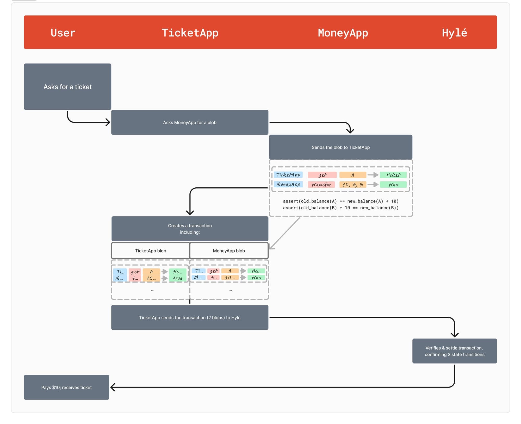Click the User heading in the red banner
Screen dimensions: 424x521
(63, 33)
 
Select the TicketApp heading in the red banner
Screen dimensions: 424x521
(190, 33)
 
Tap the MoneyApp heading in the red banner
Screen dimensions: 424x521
(343, 33)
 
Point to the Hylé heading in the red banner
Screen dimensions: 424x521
(454, 33)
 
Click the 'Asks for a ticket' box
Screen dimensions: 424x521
(67, 87)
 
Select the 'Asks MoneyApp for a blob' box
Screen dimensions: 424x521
(190, 122)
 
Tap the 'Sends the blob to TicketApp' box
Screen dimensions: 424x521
(340, 147)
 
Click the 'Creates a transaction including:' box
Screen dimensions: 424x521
(190, 229)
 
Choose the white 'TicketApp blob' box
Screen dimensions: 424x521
(151, 250)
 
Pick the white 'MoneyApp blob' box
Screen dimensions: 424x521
(229, 250)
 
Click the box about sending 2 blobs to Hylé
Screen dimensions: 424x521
(190, 317)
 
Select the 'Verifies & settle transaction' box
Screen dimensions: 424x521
(454, 351)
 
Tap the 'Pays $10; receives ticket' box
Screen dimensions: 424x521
(66, 387)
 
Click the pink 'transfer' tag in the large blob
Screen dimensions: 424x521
(321, 185)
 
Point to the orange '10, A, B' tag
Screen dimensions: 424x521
(352, 185)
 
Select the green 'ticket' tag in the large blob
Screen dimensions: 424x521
(393, 175)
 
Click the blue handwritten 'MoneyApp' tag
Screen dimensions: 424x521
(288, 185)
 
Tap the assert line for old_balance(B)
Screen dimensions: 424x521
(340, 208)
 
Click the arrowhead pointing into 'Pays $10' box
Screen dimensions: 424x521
(113, 387)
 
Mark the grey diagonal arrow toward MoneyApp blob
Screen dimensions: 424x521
(284, 233)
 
